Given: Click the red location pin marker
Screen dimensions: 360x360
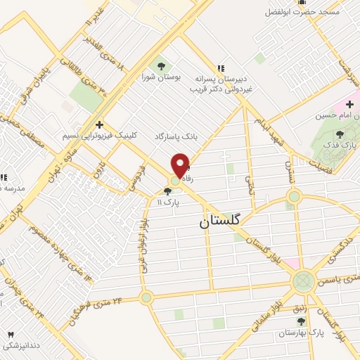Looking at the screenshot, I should coord(182,166).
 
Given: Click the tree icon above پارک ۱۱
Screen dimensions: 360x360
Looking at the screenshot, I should coord(166,191).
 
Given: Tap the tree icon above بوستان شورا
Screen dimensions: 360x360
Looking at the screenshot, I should coord(162,65).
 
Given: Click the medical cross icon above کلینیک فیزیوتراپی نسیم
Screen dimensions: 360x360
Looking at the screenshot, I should coord(100,124).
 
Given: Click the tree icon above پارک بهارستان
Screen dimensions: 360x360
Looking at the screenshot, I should coord(300,322).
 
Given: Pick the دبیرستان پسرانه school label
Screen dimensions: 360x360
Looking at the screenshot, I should coord(220,79).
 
